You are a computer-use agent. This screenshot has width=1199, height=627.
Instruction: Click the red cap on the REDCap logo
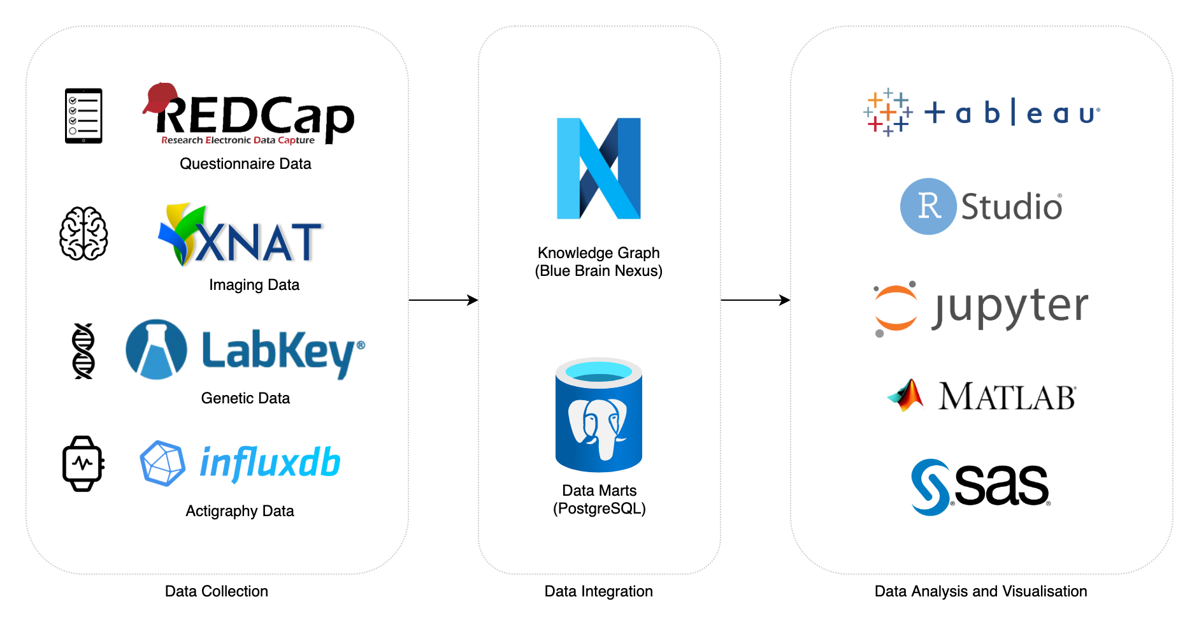point(160,97)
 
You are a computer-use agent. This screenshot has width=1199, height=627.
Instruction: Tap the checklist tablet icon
point(83,116)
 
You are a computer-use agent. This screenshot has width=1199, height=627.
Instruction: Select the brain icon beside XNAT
point(83,233)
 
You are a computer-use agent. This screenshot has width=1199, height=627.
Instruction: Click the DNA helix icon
point(83,351)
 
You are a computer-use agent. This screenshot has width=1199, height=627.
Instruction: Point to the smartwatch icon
point(83,463)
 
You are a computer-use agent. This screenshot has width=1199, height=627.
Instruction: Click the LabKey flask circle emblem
point(157,350)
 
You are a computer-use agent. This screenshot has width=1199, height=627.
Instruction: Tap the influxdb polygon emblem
point(162,463)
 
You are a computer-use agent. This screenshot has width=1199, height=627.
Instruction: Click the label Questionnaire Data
point(245,164)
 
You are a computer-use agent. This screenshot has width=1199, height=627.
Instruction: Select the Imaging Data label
point(254,285)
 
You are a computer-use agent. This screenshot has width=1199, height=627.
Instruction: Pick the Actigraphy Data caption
point(240,511)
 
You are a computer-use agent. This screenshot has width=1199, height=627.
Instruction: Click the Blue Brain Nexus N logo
point(599,169)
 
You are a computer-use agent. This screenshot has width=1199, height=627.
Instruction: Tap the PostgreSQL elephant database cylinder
point(599,415)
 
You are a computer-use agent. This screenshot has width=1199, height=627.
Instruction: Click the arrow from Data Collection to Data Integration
point(443,300)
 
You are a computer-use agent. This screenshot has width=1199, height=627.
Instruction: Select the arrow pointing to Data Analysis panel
point(756,300)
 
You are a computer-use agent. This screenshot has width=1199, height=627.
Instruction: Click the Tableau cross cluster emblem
point(887,113)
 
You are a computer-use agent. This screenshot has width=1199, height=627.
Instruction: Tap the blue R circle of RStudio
point(928,206)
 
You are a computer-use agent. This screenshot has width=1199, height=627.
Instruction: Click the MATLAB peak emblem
point(906,396)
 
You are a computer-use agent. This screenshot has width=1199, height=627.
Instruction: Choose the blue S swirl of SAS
point(931,487)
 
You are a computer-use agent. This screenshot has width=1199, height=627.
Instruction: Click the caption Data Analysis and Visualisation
point(980,591)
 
